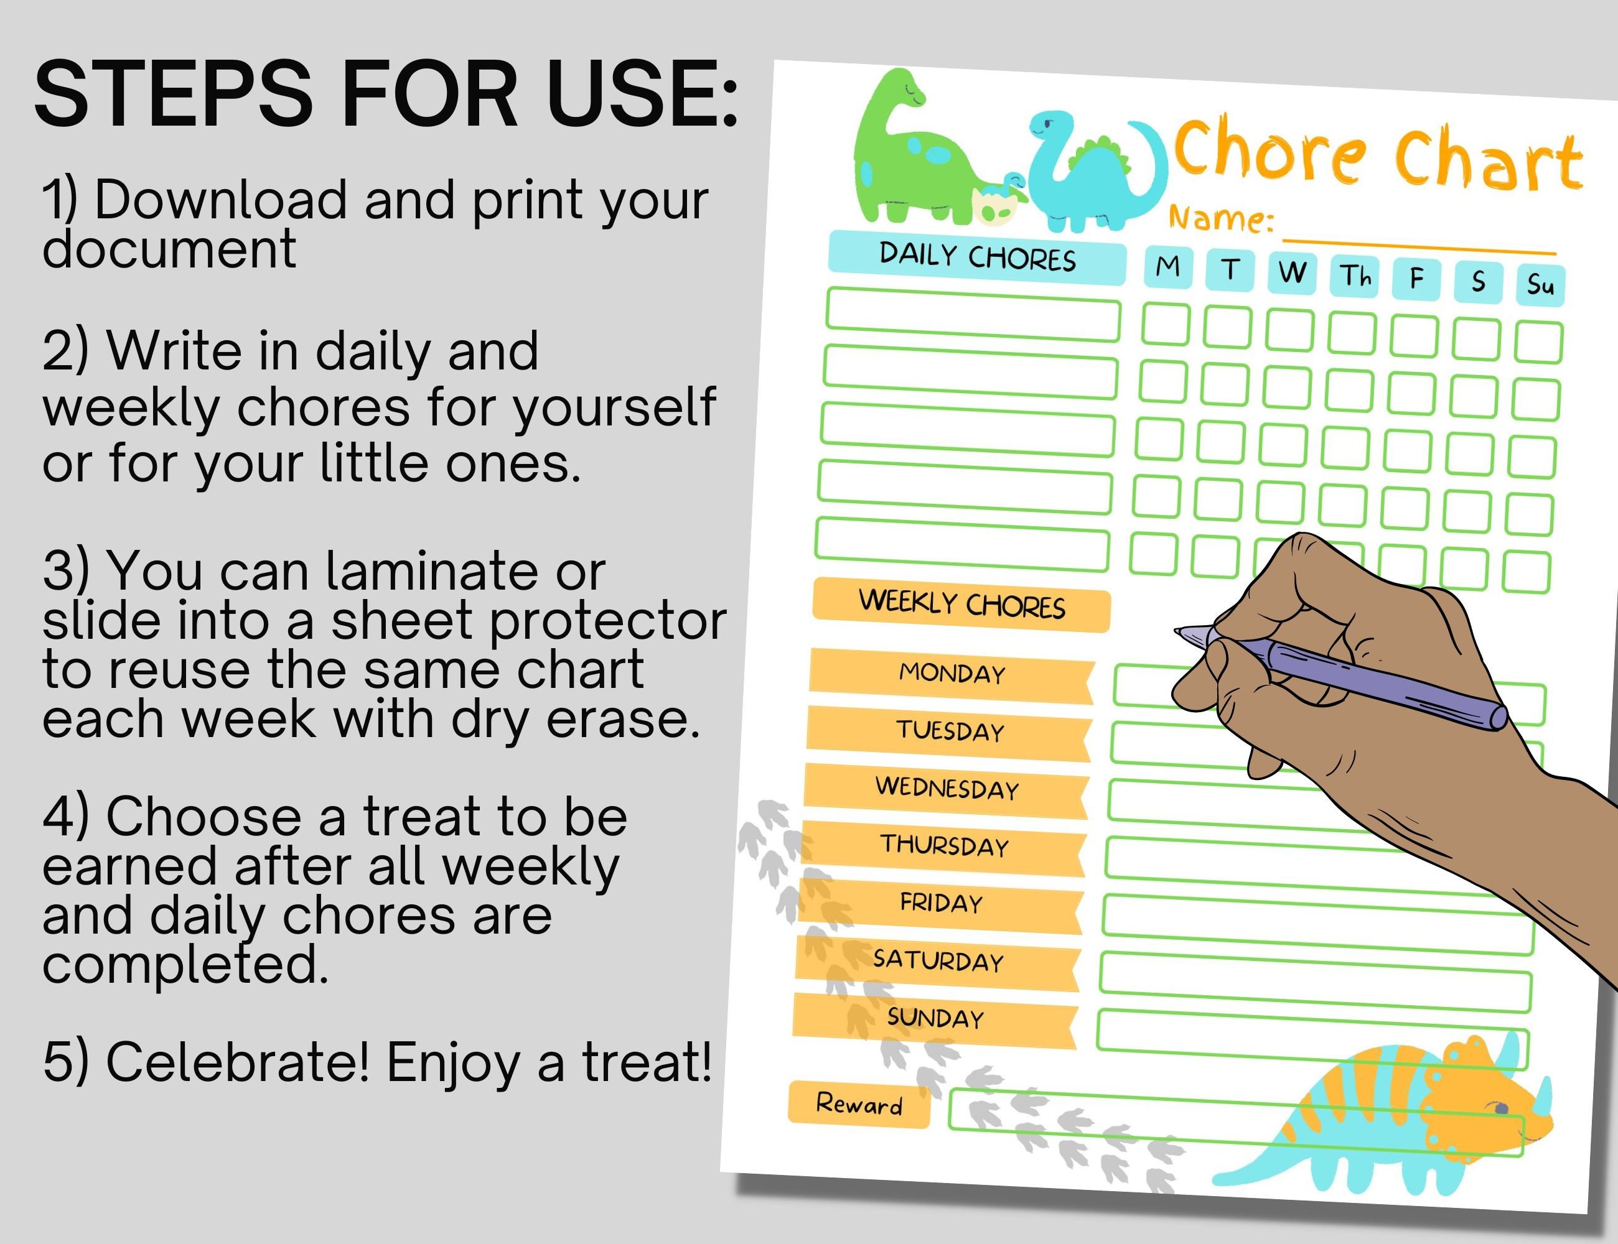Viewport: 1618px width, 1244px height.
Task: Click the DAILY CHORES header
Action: tap(976, 256)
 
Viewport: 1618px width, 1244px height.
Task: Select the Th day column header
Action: tap(1354, 276)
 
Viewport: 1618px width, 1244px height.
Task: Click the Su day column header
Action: tap(1540, 284)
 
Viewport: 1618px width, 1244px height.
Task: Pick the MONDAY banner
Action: tap(952, 674)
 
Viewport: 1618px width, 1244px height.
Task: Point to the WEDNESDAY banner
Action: tap(947, 789)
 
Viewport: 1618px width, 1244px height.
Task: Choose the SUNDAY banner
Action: tap(935, 1019)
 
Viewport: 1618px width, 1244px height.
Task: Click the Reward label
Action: tap(859, 1105)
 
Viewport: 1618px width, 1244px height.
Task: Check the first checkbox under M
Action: tap(1166, 324)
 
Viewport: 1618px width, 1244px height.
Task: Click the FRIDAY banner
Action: tap(941, 903)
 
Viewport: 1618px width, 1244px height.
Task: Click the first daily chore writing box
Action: tap(973, 314)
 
